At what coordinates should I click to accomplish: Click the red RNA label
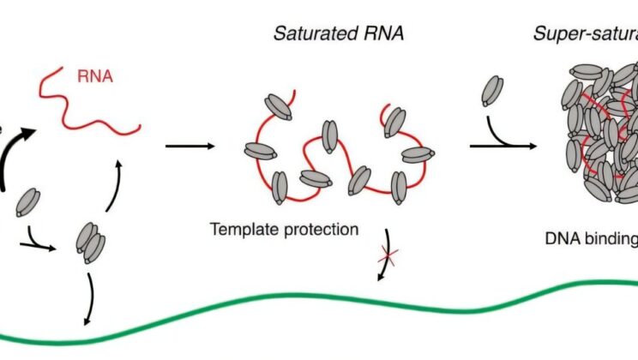95,77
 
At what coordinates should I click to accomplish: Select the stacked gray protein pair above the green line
91,243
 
